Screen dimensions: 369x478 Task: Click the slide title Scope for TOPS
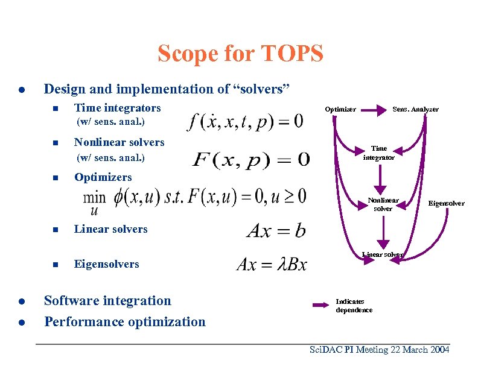(240, 54)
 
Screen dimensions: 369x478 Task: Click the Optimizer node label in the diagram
(340, 109)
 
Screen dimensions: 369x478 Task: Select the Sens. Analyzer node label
(416, 109)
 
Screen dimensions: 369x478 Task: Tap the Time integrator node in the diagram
(379, 153)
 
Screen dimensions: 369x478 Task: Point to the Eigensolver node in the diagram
(446, 203)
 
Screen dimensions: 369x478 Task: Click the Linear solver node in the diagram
(382, 254)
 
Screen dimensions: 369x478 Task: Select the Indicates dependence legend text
(354, 306)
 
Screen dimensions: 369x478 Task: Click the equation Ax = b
(276, 230)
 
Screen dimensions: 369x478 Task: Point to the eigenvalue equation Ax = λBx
(272, 264)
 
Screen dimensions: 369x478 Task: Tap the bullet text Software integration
(107, 300)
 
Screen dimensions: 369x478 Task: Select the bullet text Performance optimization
(125, 321)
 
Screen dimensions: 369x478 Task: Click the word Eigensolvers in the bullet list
(106, 264)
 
